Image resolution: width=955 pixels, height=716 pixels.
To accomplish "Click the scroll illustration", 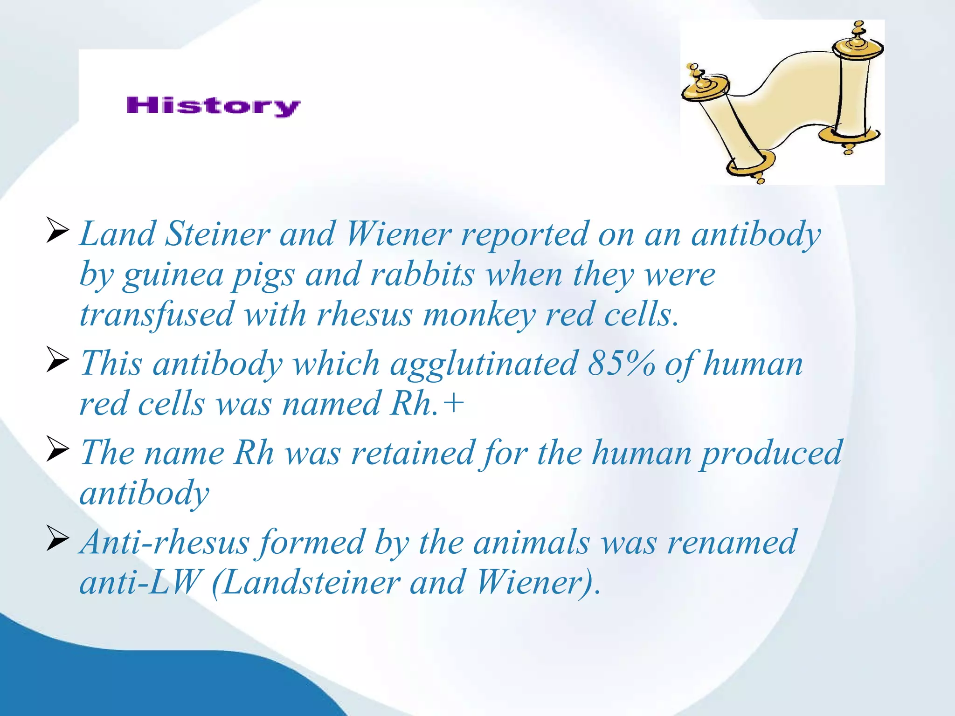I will point(782,103).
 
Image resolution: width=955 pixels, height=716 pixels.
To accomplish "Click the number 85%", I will point(621,363).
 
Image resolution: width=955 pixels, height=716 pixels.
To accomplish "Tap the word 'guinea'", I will point(173,275).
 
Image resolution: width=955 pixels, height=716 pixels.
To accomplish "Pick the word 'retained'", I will point(413,453).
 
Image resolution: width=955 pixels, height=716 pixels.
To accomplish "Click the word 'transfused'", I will point(156,315).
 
